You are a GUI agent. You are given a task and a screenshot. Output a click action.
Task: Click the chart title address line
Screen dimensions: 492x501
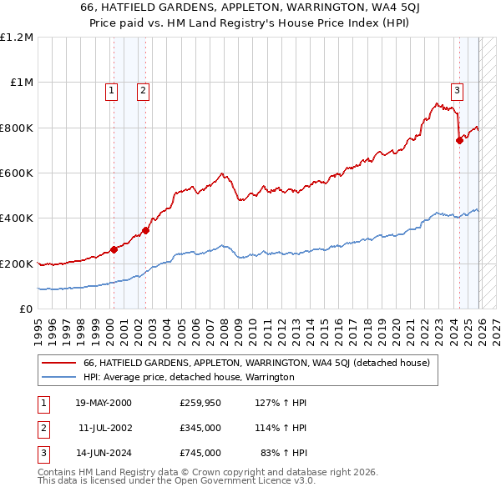(250, 8)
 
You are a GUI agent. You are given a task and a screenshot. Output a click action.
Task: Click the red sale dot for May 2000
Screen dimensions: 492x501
(114, 249)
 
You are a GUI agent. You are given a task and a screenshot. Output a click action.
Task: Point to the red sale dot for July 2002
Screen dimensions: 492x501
(145, 230)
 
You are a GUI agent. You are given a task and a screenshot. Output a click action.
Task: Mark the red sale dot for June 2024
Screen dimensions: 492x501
(459, 140)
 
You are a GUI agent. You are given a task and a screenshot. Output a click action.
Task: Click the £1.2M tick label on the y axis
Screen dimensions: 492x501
(17, 38)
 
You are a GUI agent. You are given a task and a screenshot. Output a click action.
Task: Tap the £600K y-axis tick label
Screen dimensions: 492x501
(17, 173)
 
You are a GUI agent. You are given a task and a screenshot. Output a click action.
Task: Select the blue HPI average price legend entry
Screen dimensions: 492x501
(189, 377)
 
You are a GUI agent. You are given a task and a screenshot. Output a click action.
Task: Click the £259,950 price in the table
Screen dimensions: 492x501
(200, 403)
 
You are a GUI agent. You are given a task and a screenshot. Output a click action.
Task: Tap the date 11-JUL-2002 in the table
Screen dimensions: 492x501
(104, 428)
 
